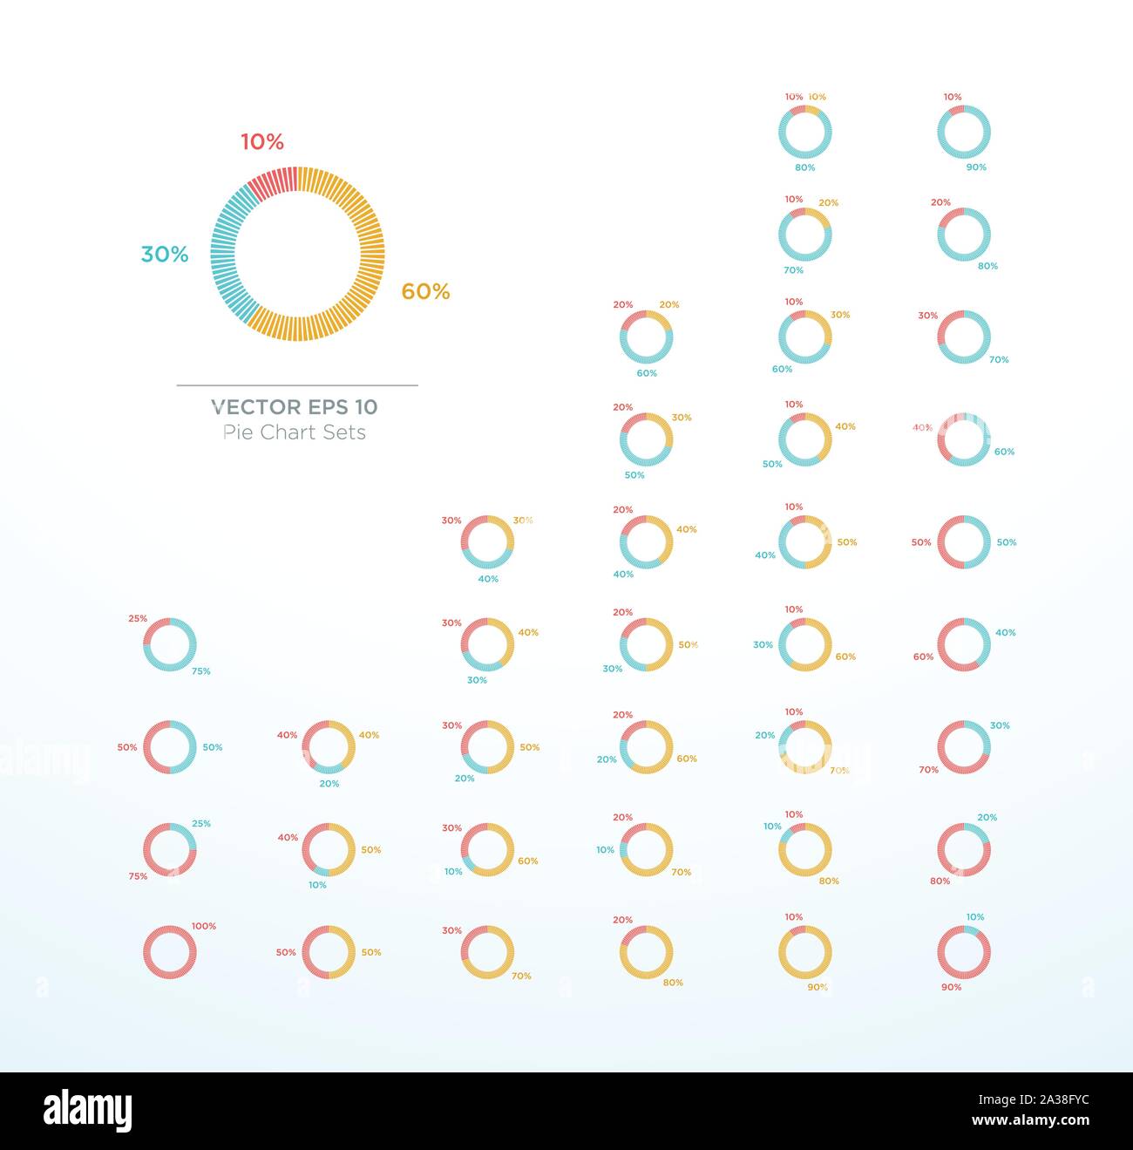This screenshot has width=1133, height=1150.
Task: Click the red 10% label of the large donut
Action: coord(262,142)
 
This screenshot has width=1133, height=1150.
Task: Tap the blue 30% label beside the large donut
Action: coord(165,255)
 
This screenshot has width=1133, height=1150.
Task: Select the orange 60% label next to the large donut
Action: coord(425,292)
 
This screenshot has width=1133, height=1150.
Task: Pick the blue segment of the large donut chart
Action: coord(226,254)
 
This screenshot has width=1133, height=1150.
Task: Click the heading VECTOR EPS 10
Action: coord(295,407)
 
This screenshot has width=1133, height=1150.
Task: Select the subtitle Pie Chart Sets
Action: coord(295,432)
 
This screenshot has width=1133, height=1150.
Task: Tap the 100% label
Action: coord(204,926)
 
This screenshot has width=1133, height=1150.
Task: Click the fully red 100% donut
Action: coord(170,952)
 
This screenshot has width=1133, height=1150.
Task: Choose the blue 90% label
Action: coord(976,167)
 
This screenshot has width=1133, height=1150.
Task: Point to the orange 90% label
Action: coord(818,987)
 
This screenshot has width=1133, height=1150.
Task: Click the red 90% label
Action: coord(951,987)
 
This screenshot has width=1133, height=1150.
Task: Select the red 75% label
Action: coord(138,876)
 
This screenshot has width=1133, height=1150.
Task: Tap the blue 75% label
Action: coord(201,671)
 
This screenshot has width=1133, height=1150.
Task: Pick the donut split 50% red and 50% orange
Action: coord(329,952)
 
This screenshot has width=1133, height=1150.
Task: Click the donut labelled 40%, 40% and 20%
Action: coord(329,747)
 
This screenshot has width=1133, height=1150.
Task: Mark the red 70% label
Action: coord(929,770)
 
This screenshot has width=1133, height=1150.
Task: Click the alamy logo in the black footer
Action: coord(88,1111)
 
